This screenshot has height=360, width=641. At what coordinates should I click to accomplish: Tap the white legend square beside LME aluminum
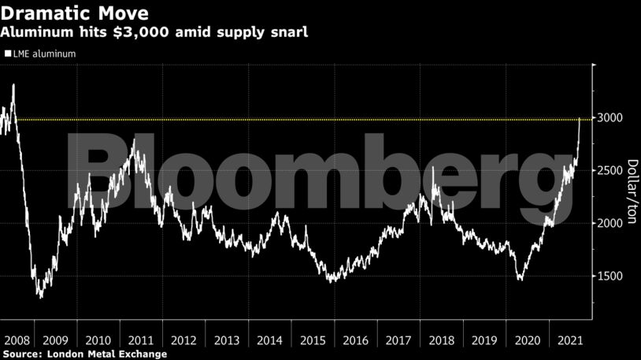pos(8,54)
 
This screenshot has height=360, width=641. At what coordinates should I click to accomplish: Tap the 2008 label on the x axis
pos(17,340)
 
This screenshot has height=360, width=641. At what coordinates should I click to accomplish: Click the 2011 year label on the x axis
pos(140,340)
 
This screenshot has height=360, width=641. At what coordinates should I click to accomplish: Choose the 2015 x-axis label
pos(313,340)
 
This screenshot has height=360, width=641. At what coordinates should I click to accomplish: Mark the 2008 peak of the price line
pos(13,84)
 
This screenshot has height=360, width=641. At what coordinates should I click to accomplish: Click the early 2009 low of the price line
pos(40,296)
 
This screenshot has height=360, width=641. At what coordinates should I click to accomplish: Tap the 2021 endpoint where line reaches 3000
pos(580,119)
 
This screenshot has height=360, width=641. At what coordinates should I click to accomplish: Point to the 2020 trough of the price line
pos(520,279)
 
